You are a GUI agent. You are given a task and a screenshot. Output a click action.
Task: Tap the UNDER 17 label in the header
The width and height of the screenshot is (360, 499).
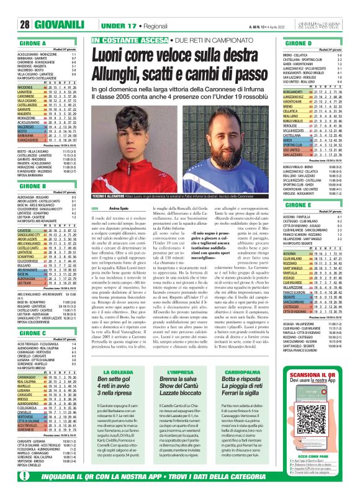pos(119,8)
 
